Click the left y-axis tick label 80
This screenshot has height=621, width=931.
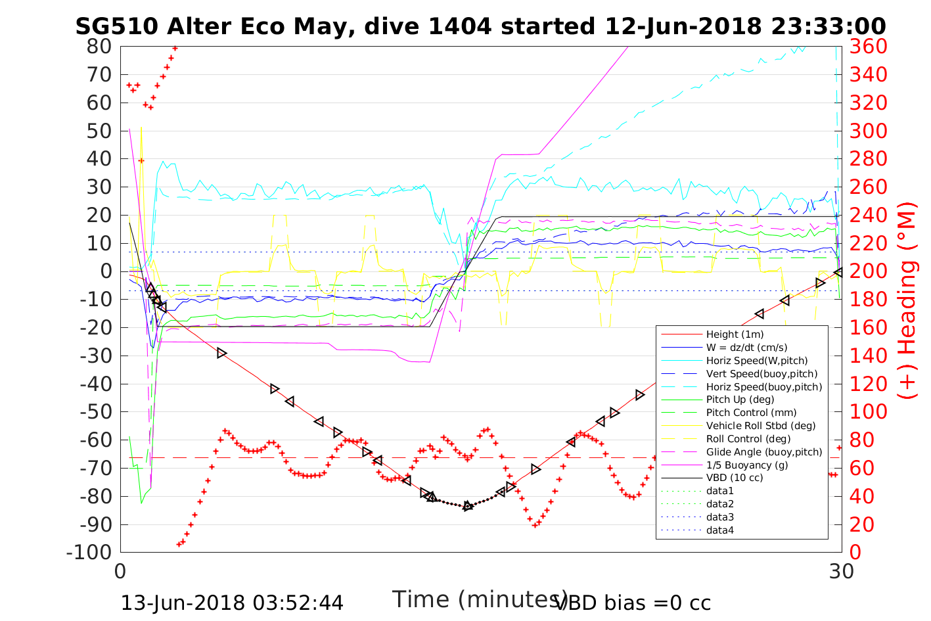point(99,47)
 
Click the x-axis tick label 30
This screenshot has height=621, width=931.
point(842,571)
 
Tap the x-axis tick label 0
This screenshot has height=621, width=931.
point(121,571)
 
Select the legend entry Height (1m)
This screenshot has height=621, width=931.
point(735,334)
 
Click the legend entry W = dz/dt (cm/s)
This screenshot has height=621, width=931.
point(746,348)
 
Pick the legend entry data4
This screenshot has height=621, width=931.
point(719,530)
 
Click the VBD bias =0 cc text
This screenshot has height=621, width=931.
point(633,603)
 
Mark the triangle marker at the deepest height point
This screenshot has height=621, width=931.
point(468,505)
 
